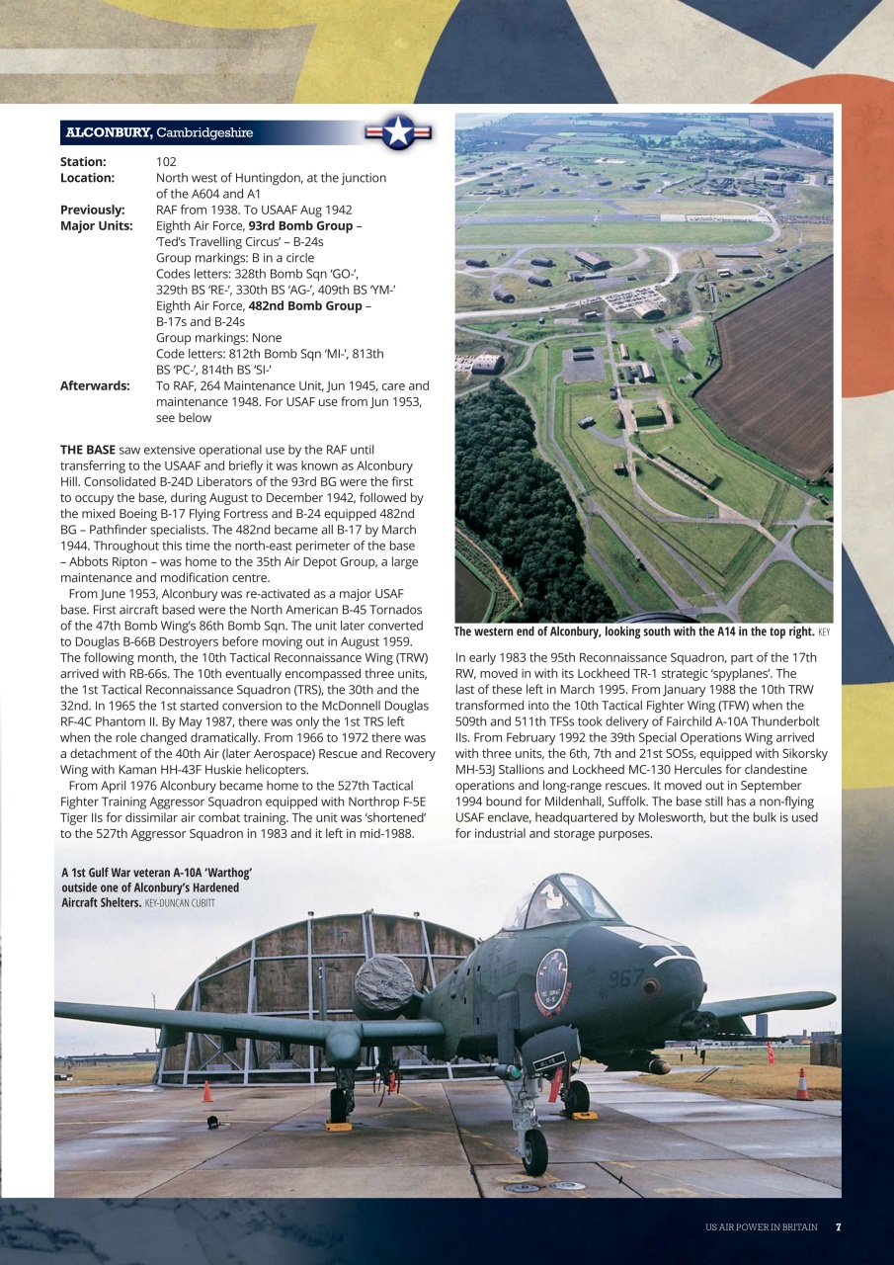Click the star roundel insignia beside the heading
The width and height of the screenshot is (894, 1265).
(398, 131)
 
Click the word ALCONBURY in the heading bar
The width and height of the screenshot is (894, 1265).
(108, 132)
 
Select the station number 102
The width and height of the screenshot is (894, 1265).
(166, 161)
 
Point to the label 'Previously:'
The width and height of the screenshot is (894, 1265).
(92, 210)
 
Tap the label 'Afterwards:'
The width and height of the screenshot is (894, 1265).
(95, 385)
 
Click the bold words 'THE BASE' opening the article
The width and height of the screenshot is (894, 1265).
(87, 450)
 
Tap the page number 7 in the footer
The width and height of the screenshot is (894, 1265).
(838, 1226)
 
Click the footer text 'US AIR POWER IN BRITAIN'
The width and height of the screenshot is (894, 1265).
(761, 1226)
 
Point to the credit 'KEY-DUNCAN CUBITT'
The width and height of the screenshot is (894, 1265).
(180, 903)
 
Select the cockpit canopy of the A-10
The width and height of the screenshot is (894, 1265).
(558, 900)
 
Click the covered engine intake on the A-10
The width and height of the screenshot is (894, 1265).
(383, 987)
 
